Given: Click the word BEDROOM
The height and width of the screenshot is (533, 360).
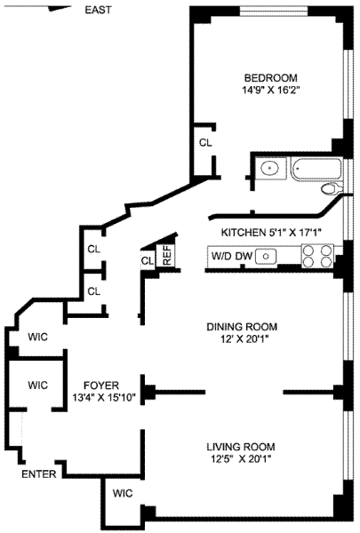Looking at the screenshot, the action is tap(271, 78).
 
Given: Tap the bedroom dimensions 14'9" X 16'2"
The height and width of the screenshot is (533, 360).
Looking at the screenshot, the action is tap(271, 91).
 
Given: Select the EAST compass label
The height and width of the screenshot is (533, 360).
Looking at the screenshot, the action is tap(98, 10).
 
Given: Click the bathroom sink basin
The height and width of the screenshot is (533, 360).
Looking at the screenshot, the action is tap(269, 168).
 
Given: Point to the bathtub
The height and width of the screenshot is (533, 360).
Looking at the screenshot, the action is tap(316, 169).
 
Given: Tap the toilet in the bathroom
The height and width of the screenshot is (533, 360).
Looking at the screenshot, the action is tap(332, 189).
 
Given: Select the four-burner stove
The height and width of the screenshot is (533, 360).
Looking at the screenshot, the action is tap(317, 256).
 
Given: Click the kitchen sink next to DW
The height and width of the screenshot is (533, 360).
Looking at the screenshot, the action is tap(266, 257).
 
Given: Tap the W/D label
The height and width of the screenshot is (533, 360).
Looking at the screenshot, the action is tap(220, 256).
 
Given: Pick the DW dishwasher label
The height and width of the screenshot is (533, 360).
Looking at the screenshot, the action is tap(244, 256).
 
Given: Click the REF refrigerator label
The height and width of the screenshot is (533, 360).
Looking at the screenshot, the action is tap(167, 256).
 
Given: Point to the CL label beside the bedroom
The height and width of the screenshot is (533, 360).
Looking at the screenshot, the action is tap(205, 143).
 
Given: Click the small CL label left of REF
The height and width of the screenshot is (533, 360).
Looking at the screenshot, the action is tap(148, 261).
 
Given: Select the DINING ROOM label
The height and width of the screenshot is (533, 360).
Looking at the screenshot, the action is tap(242, 327).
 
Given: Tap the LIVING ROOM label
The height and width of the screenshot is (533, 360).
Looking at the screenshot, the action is tap(241, 447).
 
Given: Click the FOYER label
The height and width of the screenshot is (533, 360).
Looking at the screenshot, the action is tap(101, 386).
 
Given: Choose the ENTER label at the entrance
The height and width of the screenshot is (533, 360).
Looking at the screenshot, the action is tap(39, 473).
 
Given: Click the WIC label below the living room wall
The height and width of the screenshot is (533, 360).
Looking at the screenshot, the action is tap(123, 493).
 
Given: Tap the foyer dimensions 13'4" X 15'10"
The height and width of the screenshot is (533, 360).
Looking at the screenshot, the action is tap(104, 398).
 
